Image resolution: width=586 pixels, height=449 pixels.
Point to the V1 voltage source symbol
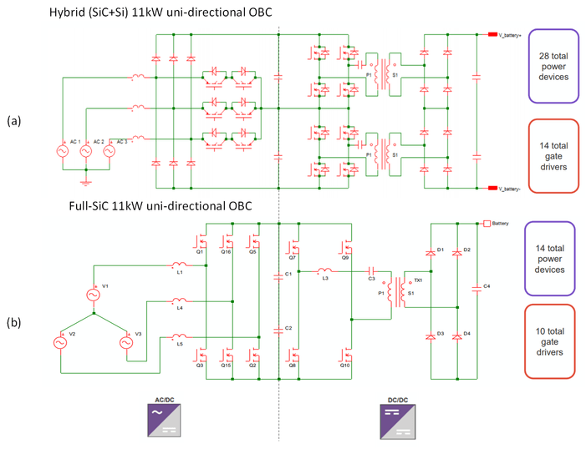[94, 295]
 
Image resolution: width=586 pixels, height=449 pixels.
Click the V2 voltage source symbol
[60, 342]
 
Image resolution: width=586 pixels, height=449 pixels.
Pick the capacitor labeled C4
[476, 287]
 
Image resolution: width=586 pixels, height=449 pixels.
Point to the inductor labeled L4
[181, 302]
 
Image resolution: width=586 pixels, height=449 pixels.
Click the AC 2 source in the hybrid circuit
[84, 152]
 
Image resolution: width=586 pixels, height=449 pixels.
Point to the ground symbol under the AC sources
[84, 181]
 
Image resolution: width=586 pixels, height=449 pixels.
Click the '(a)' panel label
[13, 121]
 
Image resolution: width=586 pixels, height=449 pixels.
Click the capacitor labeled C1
[279, 275]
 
